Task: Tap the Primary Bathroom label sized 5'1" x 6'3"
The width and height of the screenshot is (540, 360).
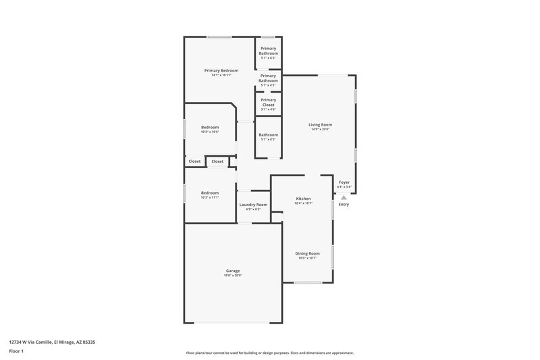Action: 268,51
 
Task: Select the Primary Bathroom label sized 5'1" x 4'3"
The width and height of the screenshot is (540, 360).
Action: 268,78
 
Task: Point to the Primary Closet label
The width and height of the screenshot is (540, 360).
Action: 268,102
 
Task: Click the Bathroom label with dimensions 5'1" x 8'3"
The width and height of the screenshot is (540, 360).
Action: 268,134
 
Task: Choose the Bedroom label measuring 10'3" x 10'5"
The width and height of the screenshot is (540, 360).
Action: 209,127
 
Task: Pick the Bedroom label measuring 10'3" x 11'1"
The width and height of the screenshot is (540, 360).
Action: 209,192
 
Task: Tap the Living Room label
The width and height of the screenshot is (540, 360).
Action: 320,124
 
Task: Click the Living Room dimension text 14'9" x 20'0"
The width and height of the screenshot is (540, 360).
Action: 320,129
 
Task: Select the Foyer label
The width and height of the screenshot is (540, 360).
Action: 344,182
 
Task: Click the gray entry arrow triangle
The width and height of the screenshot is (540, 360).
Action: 344,197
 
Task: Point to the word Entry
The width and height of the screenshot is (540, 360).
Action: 344,204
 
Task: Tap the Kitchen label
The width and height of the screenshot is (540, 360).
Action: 303,199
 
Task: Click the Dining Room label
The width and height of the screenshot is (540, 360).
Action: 307,253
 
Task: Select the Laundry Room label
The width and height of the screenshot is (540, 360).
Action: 253,204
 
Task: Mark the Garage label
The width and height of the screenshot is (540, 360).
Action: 233,270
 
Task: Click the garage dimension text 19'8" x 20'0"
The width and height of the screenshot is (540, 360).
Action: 233,275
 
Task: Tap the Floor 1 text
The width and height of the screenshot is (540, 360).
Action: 17,352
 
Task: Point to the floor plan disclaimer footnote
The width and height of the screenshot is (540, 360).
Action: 269,353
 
